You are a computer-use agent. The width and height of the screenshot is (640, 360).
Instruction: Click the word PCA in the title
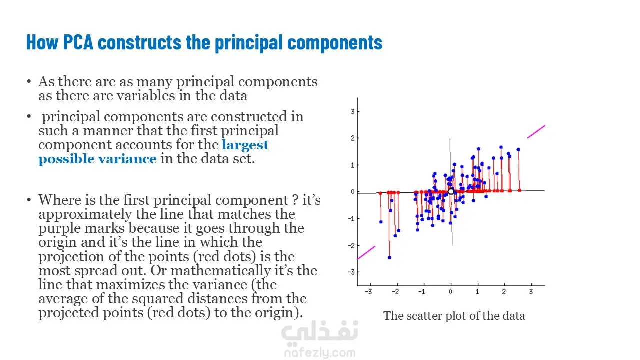[78, 42]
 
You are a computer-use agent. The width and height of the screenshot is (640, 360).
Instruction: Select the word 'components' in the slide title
[335, 43]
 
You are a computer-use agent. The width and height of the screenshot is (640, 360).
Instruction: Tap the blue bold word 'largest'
[245, 145]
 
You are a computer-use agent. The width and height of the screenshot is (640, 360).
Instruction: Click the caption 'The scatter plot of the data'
[454, 316]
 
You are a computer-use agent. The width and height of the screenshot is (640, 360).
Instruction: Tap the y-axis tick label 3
[353, 111]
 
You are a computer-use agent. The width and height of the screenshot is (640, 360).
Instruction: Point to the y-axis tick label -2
[351, 245]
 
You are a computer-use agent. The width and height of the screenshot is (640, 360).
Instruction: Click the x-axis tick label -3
[368, 292]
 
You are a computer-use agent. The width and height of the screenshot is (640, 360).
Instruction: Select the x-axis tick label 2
[504, 292]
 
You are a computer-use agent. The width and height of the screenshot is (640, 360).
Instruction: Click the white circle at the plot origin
[451, 191]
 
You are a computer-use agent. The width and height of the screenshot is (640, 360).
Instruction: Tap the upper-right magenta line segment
[536, 132]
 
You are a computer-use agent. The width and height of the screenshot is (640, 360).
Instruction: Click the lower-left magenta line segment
[366, 253]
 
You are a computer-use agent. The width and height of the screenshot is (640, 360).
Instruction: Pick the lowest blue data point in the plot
[389, 257]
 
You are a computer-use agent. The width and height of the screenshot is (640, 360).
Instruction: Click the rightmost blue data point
[518, 149]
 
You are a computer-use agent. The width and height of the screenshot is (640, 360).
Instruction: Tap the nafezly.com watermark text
[320, 353]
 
